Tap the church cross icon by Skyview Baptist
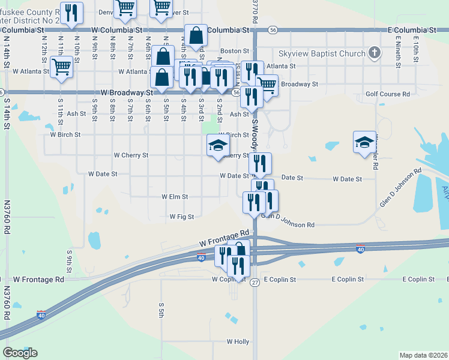click(375, 53)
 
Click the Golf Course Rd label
click(388, 94)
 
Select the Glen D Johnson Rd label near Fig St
click(289, 224)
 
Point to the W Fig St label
click(182, 217)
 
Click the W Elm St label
click(175, 196)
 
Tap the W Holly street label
click(238, 341)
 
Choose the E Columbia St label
click(411, 29)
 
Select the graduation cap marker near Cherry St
click(218, 146)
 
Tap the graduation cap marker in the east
click(364, 142)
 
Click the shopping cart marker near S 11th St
click(62, 67)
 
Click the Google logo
click(20, 352)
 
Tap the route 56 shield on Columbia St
click(273, 29)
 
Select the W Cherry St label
click(131, 155)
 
